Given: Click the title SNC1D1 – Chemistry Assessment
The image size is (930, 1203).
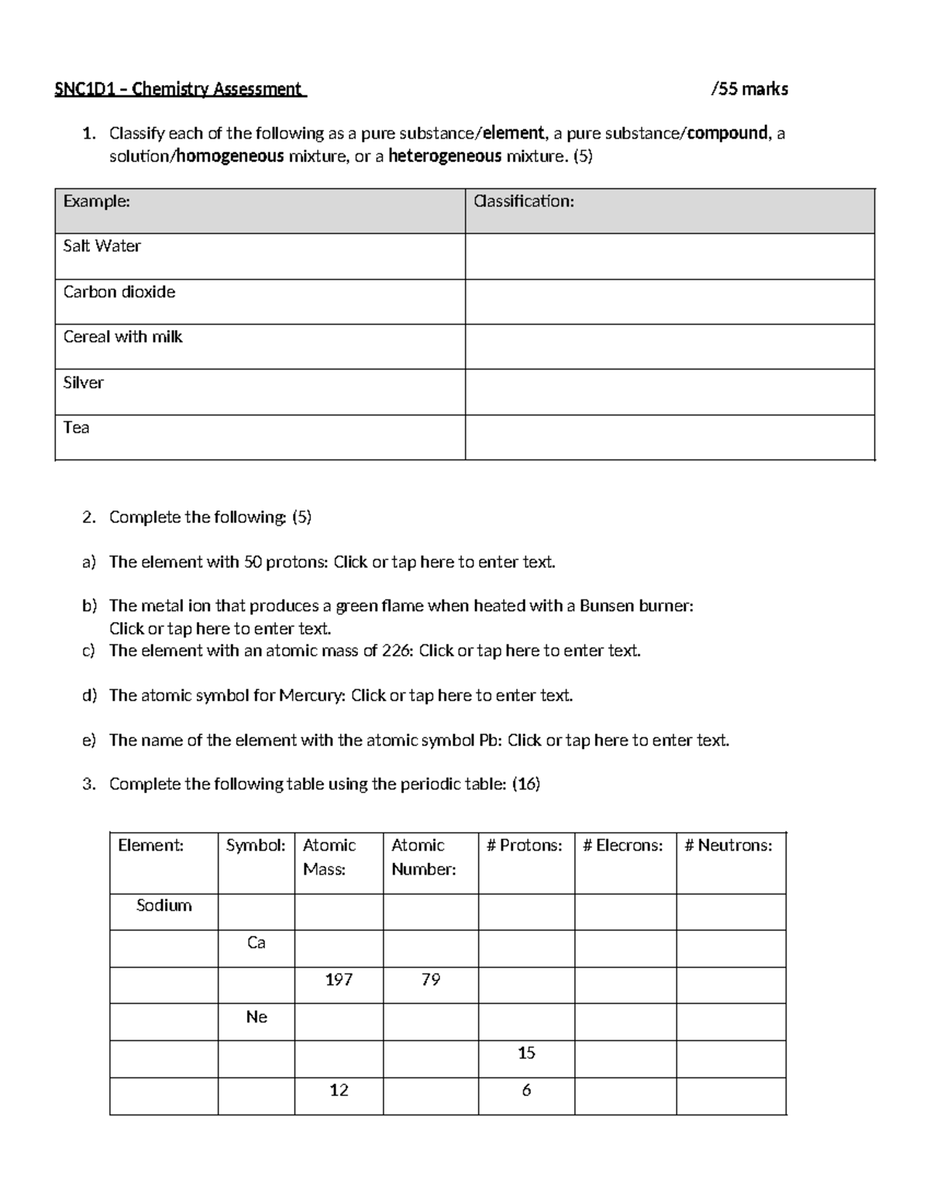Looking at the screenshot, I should coord(179,89).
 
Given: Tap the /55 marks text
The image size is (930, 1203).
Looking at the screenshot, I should coord(749,89).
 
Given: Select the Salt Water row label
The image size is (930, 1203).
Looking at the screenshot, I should coord(102,246).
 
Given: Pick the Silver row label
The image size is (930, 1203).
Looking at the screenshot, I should coord(84,383).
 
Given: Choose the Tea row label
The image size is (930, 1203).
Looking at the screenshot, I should coord(77,428).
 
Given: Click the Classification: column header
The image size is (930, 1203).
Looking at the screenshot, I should coord(524,201).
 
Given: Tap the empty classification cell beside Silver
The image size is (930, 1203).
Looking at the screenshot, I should coord(670,392).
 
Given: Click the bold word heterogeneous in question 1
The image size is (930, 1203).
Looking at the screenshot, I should coord(445,156).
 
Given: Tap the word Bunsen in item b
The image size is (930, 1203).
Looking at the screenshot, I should coord(607,606).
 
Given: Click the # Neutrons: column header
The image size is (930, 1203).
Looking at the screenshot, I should coord(728,846).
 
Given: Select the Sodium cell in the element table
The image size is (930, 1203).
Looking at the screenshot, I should coord(164,906).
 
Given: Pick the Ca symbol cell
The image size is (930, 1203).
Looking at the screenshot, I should coord(256,943).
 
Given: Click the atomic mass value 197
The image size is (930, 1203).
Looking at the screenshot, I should coord(339,980).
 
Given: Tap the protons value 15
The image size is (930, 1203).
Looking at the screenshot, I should coord(526,1053).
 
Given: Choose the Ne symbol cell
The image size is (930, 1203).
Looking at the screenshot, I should coord(256,1017).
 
